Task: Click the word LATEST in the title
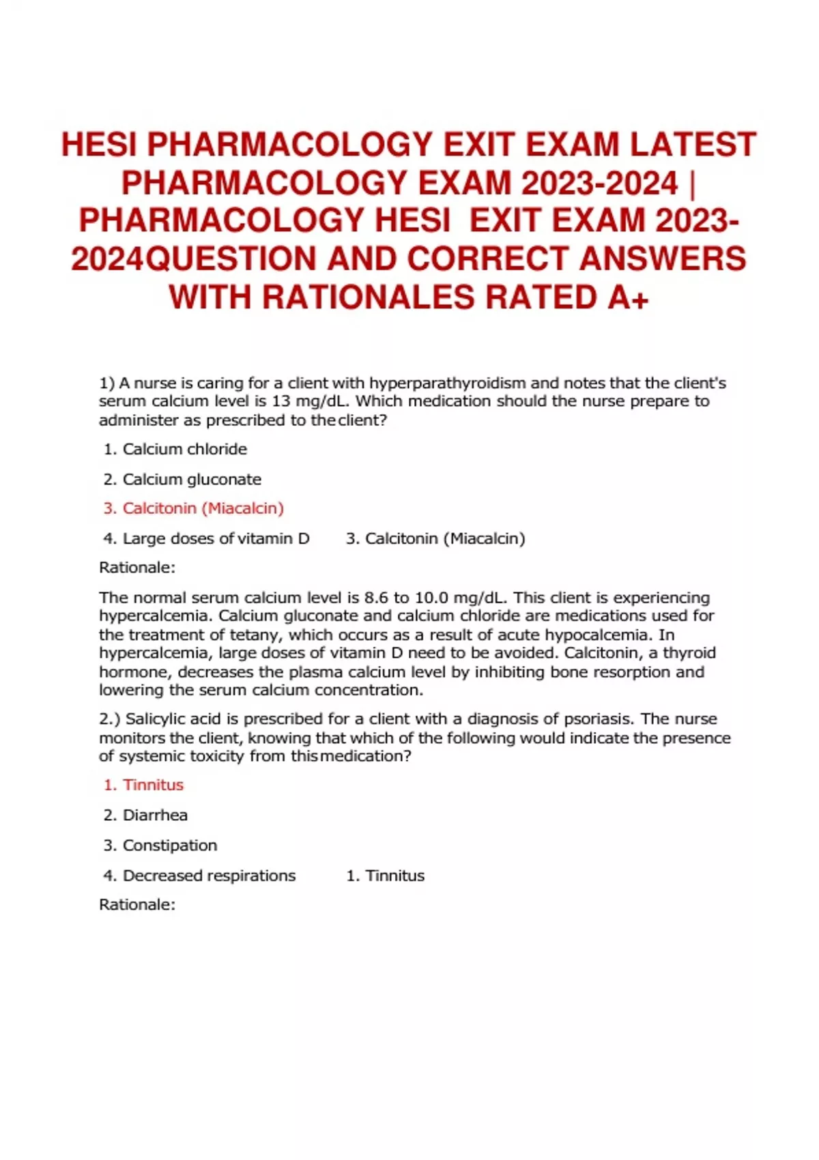click(693, 145)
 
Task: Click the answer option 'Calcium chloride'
click(184, 449)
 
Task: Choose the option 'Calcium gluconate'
click(191, 479)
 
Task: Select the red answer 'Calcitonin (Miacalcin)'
click(203, 508)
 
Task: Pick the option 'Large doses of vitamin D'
click(216, 538)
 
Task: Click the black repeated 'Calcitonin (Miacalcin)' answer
click(444, 538)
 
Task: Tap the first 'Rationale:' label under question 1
click(137, 567)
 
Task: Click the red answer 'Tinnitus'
click(153, 785)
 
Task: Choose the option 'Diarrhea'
click(155, 815)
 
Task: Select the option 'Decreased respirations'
click(209, 875)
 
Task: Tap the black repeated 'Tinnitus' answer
click(394, 875)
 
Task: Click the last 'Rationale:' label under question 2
click(137, 904)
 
